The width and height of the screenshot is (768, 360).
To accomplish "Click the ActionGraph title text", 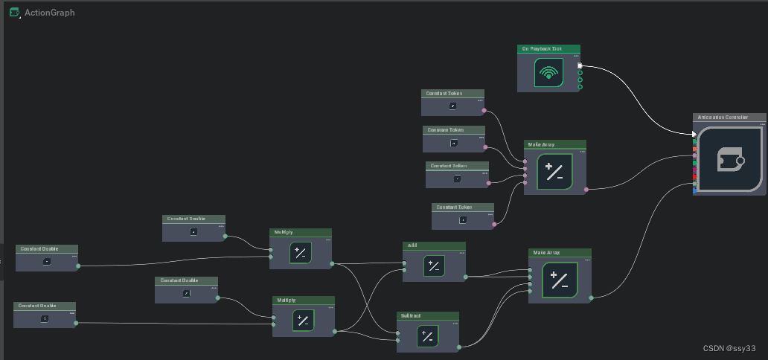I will click(49, 13).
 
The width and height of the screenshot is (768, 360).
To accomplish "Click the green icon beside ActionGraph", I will click(14, 13).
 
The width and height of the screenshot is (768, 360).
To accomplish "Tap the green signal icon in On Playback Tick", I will click(548, 73).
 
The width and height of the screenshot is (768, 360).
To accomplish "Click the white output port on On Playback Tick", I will click(580, 65).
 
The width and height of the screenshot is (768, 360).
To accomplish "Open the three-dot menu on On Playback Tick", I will click(575, 55).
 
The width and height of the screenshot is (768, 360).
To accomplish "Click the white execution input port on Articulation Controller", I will click(694, 134).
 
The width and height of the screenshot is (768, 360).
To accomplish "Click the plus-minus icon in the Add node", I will click(434, 266).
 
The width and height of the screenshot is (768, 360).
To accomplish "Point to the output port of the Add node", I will click(466, 277).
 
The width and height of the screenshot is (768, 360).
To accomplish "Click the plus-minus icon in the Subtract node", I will click(427, 337).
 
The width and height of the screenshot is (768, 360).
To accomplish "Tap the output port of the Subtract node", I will click(459, 347).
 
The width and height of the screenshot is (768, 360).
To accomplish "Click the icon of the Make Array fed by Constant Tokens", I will click(554, 172).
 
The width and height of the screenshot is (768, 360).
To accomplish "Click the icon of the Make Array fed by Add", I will click(560, 280).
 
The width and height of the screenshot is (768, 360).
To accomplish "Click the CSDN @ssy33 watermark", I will click(729, 348).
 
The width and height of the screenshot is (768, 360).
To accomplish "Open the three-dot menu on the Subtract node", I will click(455, 323).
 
